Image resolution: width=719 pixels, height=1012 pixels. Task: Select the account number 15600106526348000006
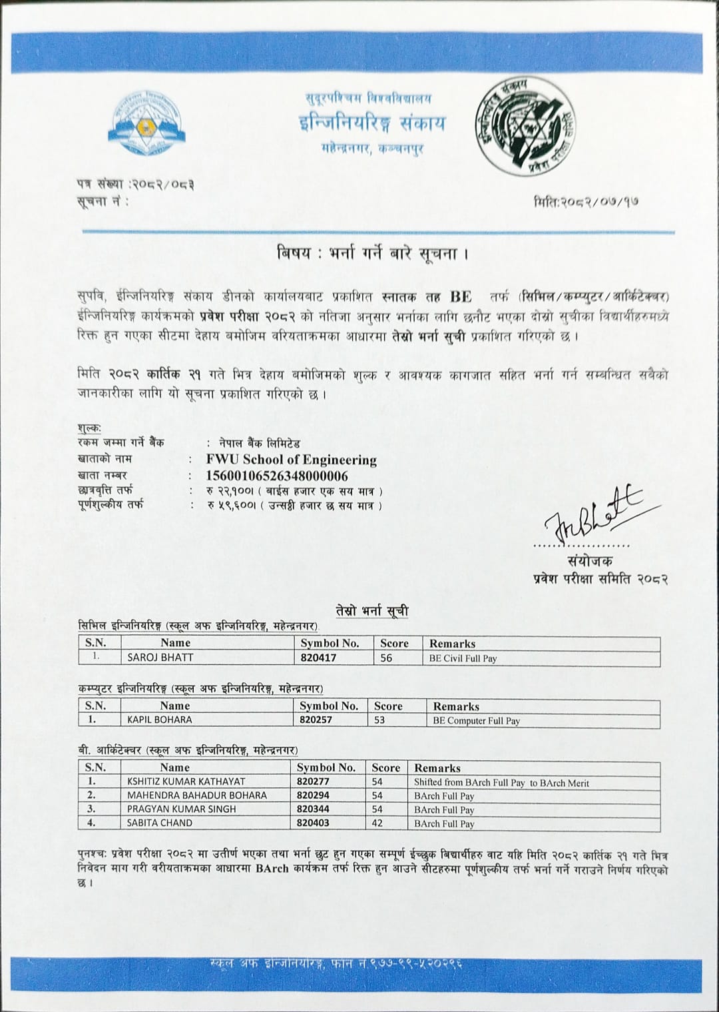[x=277, y=476]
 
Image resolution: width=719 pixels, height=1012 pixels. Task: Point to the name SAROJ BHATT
[x=160, y=658]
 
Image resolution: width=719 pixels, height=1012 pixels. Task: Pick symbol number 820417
[x=318, y=658]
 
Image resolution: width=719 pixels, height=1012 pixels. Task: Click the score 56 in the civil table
[x=386, y=658]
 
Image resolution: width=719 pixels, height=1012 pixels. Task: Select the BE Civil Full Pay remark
[x=463, y=658]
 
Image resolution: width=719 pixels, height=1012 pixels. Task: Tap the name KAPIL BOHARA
[x=160, y=720]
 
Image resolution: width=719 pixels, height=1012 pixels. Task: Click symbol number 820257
[x=316, y=720]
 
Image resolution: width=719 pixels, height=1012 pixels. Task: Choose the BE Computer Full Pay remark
[x=476, y=720]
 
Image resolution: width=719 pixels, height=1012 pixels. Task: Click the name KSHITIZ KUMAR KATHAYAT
[x=186, y=781]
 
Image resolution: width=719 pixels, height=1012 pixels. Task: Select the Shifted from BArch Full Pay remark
[x=501, y=783]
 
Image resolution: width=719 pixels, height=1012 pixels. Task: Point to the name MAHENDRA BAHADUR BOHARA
[x=196, y=795]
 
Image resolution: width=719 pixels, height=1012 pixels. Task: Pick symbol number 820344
[x=314, y=809]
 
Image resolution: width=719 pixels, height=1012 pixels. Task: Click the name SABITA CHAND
[x=160, y=823]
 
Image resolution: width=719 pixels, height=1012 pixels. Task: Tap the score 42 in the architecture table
[x=377, y=823]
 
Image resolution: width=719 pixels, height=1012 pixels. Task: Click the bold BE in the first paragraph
[x=460, y=296]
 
